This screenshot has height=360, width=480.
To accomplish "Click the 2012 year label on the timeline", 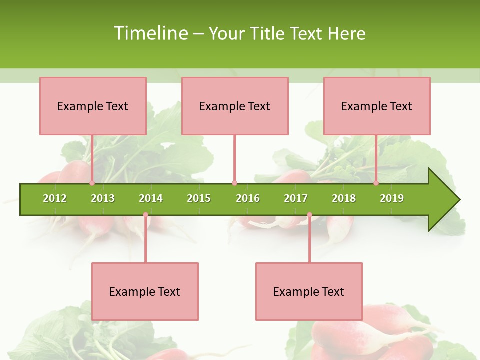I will click(x=55, y=198).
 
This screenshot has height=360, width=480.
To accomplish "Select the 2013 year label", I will click(x=103, y=198).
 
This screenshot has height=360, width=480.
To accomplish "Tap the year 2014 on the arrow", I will click(x=151, y=198).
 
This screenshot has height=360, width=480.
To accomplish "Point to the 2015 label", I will click(x=199, y=198).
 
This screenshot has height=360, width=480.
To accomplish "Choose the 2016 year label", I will click(x=248, y=198).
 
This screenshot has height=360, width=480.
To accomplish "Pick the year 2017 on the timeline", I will click(x=296, y=198).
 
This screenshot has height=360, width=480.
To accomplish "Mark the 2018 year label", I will click(x=344, y=198).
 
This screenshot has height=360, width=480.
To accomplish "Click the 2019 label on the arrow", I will click(x=392, y=198).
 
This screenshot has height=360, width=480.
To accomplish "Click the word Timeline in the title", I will click(x=150, y=33).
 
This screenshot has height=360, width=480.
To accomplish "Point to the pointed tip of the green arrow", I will click(x=459, y=200).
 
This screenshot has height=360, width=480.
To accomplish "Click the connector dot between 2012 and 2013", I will click(x=92, y=183).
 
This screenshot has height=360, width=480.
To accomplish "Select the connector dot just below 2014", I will click(x=145, y=215).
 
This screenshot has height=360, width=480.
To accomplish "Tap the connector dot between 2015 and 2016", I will click(x=234, y=183).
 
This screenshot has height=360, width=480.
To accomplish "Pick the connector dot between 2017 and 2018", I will click(x=309, y=215).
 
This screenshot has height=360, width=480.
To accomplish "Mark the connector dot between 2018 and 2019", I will click(x=376, y=183).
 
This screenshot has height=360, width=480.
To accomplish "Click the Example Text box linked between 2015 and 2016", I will click(x=235, y=106).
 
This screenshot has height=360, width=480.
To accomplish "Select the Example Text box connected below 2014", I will click(x=145, y=291).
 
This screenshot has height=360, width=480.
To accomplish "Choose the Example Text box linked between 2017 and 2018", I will click(x=309, y=291).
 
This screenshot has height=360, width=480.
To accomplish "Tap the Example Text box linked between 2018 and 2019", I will click(x=377, y=106).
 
